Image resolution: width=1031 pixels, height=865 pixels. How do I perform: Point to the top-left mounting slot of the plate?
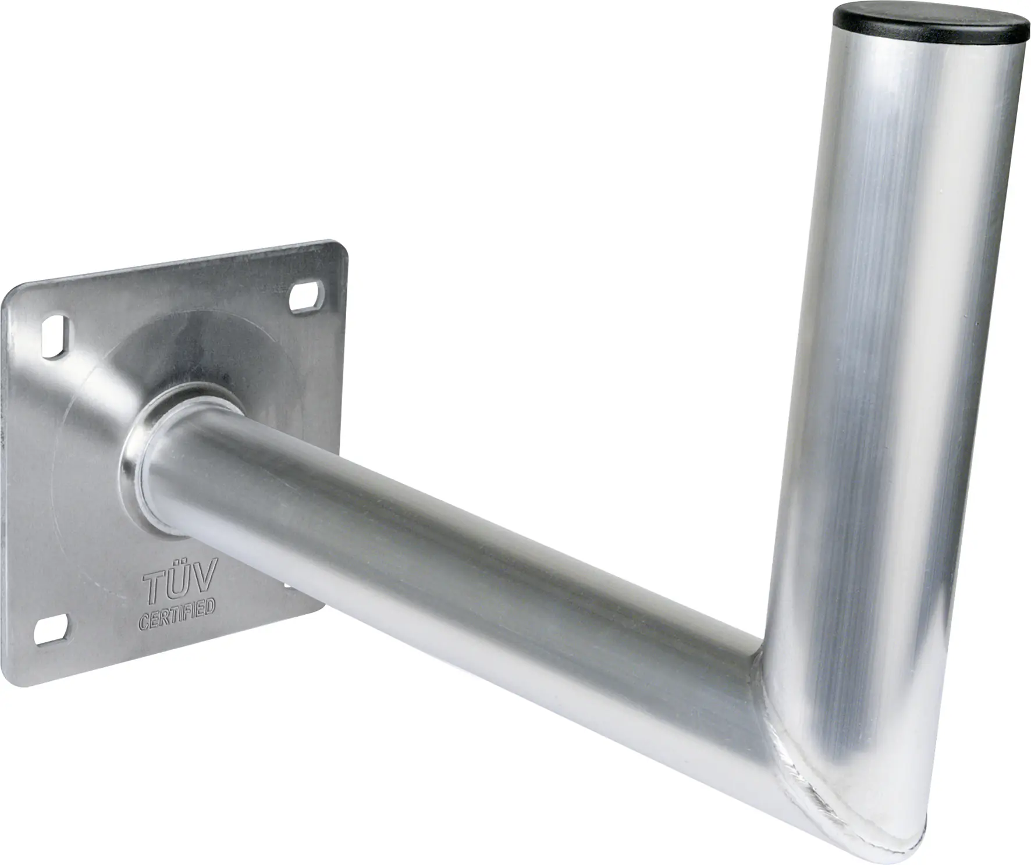tap(56, 334)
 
